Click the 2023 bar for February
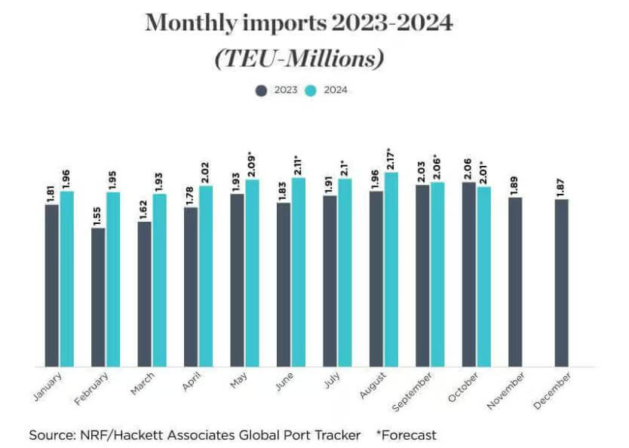pyautogui.click(x=98, y=297)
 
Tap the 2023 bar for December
pyautogui.click(x=562, y=283)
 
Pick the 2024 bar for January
pyautogui.click(x=67, y=278)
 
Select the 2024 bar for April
pyautogui.click(x=206, y=276)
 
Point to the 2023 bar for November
pyautogui.click(x=515, y=282)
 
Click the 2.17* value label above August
pyautogui.click(x=390, y=158)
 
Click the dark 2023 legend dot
pyautogui.click(x=262, y=91)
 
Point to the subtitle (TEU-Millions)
pyautogui.click(x=299, y=58)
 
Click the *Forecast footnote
pyautogui.click(x=406, y=435)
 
